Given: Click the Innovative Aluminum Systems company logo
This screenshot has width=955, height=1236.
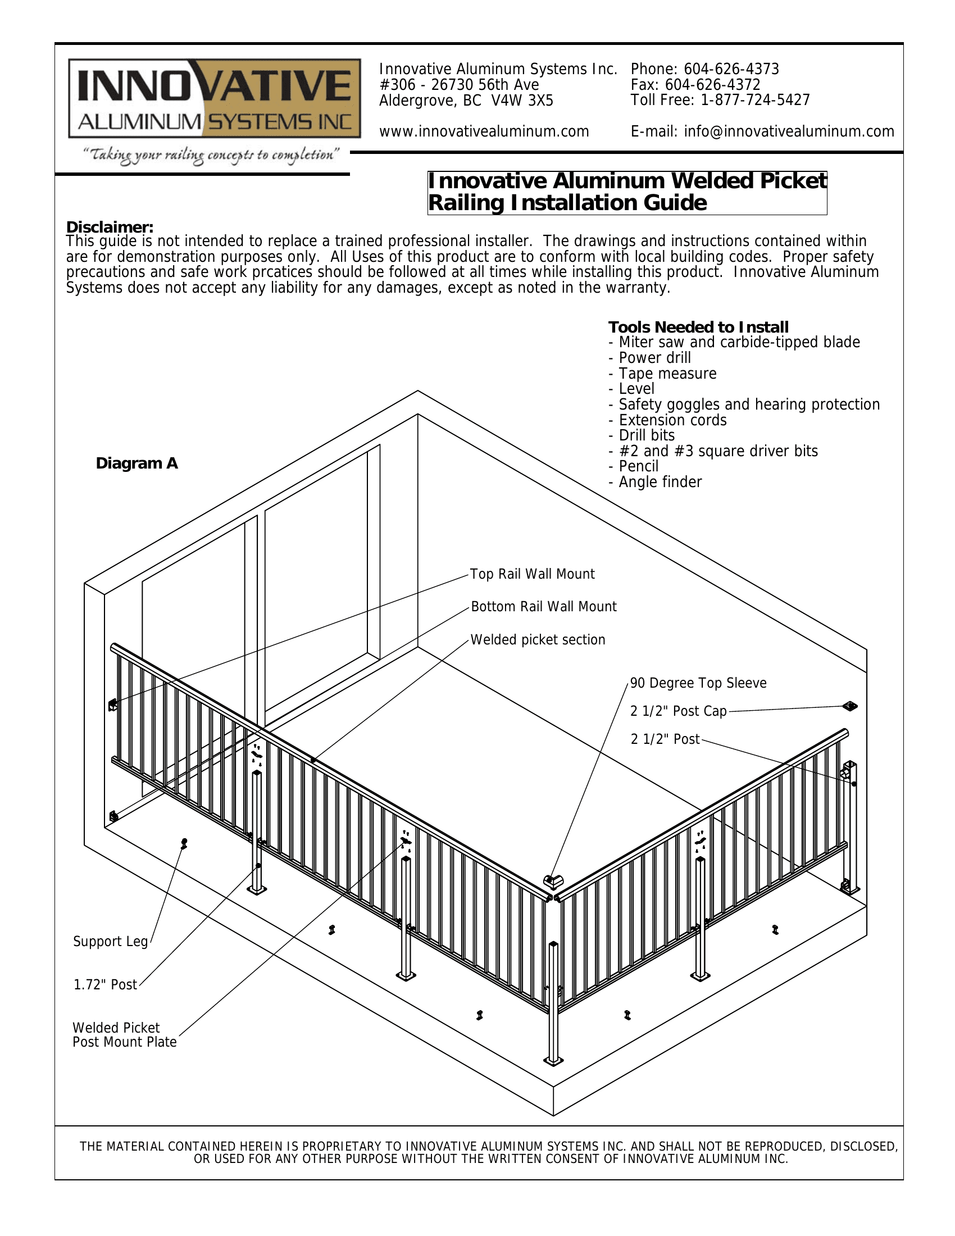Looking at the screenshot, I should [x=215, y=98].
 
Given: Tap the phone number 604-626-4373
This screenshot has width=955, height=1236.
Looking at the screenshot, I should [x=731, y=70].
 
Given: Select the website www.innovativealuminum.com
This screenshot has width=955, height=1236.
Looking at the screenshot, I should [x=484, y=132].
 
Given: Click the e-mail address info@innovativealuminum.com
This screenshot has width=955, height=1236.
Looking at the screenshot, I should [x=789, y=132].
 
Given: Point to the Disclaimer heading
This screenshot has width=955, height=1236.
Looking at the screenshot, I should [x=110, y=227].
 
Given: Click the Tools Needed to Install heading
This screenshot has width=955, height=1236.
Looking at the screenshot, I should [x=698, y=327].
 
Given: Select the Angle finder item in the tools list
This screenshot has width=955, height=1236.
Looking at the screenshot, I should [x=660, y=482].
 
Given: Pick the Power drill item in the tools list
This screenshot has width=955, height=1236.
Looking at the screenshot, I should [x=654, y=358].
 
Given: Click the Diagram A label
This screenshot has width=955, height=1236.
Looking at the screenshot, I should [x=137, y=463].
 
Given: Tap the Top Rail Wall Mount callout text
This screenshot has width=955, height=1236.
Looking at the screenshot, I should [x=533, y=574].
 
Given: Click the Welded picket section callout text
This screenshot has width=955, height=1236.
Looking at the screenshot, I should [x=538, y=640].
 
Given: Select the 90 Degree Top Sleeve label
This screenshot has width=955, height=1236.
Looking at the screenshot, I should [x=698, y=683].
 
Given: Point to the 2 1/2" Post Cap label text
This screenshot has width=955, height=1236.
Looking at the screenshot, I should [x=679, y=711].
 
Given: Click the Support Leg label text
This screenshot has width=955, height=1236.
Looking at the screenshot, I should [x=110, y=942].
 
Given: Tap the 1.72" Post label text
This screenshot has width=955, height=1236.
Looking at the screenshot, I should [x=105, y=985].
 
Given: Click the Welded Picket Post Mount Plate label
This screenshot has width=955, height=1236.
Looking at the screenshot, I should [x=125, y=1035].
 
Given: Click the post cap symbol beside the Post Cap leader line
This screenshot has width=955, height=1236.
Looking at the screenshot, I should [x=849, y=706].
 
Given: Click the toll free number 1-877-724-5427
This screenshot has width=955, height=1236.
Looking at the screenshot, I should [x=754, y=101].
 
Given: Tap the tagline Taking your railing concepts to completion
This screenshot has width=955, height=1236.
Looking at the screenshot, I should [x=211, y=156].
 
